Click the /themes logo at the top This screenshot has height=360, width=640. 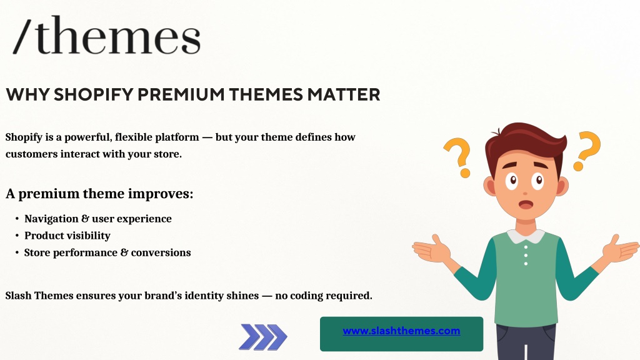tap(107, 35)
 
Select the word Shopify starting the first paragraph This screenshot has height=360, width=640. tap(24, 137)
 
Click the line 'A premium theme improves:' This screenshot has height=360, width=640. tap(99, 194)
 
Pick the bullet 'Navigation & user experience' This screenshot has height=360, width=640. tap(98, 219)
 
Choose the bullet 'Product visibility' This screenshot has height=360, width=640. tap(67, 236)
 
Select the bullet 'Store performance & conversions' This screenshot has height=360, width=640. tap(107, 252)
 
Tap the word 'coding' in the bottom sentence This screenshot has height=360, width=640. tap(305, 296)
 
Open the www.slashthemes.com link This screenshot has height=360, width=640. tap(401, 331)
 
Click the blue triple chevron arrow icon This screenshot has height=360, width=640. tap(263, 337)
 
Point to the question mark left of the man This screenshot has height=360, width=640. tap(458, 157)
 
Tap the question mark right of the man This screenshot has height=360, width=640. tap(587, 151)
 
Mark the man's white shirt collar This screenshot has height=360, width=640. tap(526, 236)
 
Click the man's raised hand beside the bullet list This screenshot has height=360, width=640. tap(431, 248)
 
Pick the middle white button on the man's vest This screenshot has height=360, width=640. tap(526, 256)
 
